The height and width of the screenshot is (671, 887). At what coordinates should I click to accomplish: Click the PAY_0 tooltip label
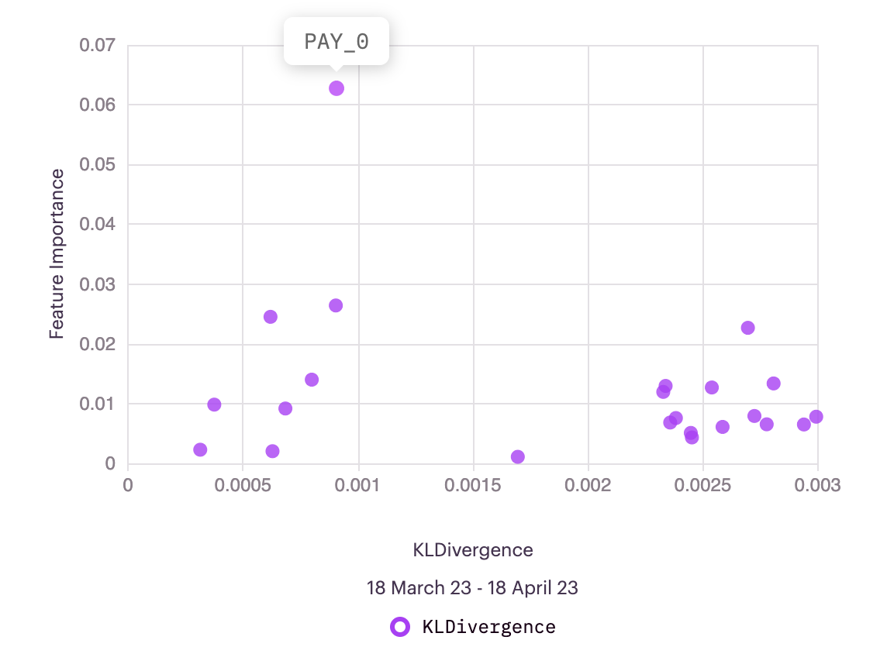click(337, 42)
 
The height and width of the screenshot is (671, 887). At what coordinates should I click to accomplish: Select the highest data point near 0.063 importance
click(337, 88)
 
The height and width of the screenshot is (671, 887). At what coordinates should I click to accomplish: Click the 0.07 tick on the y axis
click(97, 45)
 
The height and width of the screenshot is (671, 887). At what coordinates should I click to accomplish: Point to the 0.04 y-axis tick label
click(97, 225)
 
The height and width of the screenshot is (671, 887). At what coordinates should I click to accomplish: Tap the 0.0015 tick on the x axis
click(473, 486)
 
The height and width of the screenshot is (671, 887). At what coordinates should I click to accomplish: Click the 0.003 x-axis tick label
click(818, 486)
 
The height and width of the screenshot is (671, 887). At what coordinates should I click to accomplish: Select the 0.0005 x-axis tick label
click(243, 486)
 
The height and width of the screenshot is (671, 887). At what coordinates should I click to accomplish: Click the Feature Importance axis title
click(57, 254)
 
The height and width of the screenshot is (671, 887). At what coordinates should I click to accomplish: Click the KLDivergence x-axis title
click(473, 550)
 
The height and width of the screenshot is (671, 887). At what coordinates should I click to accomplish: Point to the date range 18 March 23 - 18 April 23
click(473, 588)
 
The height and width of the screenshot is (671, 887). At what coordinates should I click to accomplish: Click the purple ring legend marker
click(400, 627)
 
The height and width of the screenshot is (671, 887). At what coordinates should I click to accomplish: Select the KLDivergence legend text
click(488, 627)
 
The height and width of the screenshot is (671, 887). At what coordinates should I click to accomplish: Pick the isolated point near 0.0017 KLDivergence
click(518, 457)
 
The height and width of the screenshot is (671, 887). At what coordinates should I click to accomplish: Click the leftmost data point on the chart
click(200, 450)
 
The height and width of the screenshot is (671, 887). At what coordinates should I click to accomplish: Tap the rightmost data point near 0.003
click(816, 417)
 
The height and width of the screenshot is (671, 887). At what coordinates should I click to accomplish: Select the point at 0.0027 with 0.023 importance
click(747, 328)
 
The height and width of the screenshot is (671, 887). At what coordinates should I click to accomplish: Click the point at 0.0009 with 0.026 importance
click(336, 306)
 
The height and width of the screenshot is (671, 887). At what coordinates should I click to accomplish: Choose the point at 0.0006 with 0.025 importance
click(271, 317)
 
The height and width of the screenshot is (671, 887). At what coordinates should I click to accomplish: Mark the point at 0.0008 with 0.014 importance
click(312, 380)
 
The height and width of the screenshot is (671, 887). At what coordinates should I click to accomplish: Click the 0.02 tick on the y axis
click(97, 344)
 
